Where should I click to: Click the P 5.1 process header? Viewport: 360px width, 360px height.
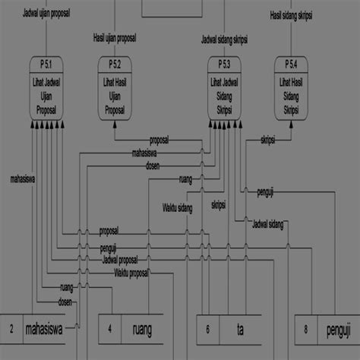click(x=47, y=62)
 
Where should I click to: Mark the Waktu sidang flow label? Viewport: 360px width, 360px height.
click(x=177, y=207)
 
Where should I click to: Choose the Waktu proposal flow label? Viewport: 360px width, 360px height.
click(x=131, y=272)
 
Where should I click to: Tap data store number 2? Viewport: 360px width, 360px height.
click(x=11, y=329)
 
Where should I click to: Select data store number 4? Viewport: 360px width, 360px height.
click(x=109, y=329)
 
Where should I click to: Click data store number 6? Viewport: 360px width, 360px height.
click(x=208, y=329)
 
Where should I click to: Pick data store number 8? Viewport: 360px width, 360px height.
click(x=305, y=329)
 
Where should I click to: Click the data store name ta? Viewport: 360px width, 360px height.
click(x=240, y=329)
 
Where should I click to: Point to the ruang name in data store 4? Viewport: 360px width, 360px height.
click(x=141, y=329)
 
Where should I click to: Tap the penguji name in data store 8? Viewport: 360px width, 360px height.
click(x=337, y=329)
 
